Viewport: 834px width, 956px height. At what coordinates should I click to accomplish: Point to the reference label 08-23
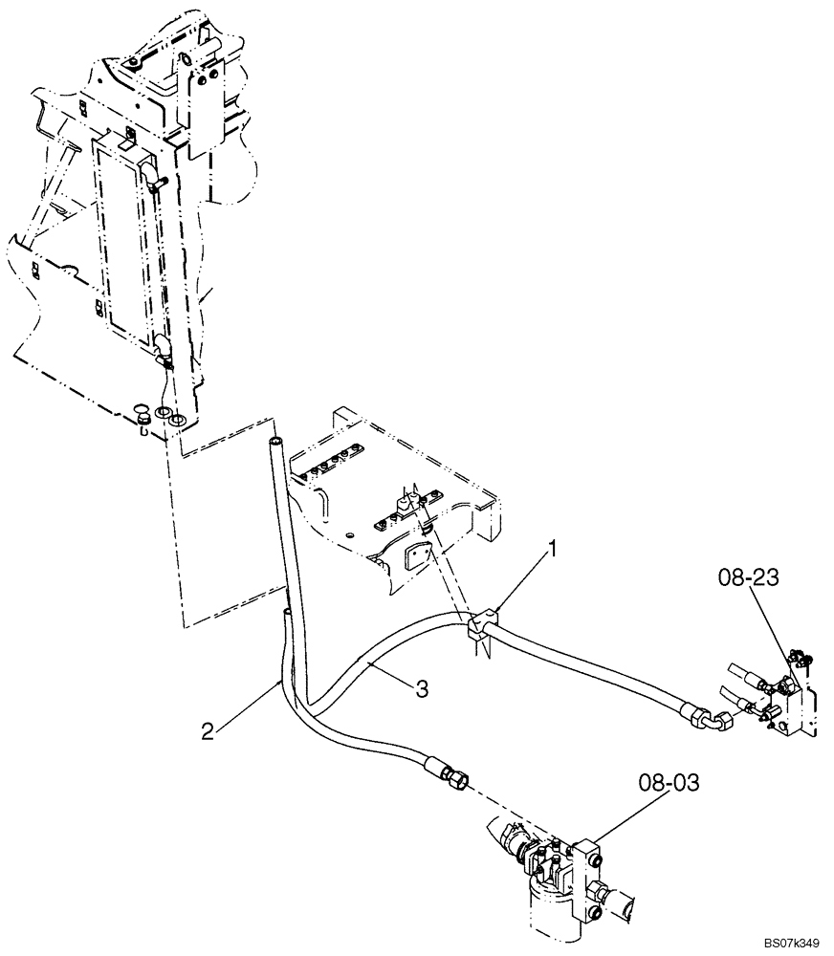click(x=746, y=576)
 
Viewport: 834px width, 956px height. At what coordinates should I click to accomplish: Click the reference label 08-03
click(x=669, y=785)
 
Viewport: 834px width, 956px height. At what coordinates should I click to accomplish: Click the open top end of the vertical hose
click(x=275, y=443)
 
